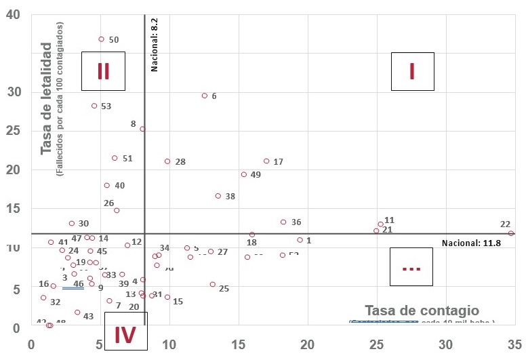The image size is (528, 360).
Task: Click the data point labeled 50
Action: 101,39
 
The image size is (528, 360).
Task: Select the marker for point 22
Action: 511,233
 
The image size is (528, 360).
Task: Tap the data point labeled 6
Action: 204,96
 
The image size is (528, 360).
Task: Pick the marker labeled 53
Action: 94,106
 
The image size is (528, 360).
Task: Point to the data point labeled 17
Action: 266,161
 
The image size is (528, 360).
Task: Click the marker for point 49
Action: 244,174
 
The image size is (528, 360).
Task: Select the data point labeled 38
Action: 218,196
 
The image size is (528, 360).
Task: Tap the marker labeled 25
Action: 212,285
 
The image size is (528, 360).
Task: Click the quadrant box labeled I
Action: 412,71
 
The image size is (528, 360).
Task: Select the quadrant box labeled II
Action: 103,71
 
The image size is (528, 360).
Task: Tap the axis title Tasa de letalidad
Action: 47,98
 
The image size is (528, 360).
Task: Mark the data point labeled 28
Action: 167,161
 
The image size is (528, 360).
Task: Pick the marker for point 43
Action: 77,313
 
